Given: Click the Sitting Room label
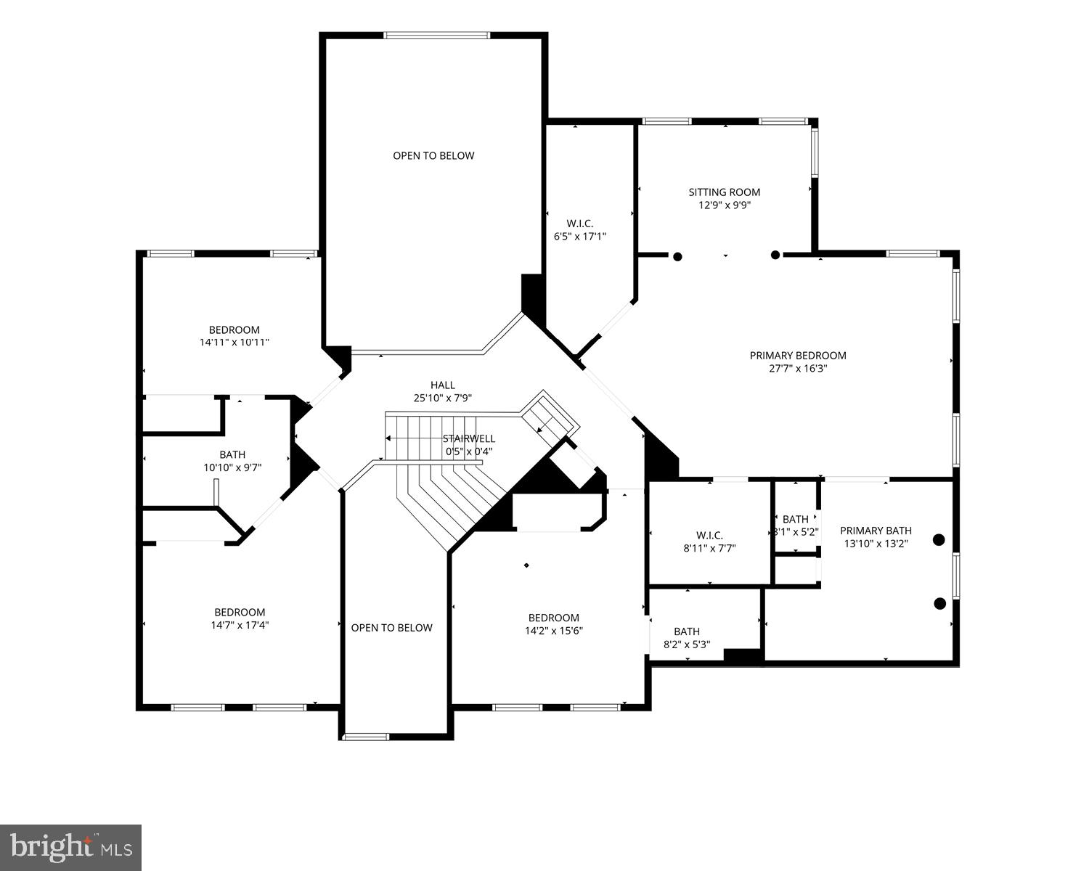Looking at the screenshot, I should click(724, 192).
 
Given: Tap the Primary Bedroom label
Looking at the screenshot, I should click(798, 356).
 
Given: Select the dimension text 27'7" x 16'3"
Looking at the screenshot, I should click(798, 369).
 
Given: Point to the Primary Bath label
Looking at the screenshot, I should click(876, 531).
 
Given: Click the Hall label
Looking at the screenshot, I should click(442, 385).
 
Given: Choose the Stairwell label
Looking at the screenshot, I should click(469, 438).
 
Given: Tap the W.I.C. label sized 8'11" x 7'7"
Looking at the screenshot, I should click(709, 536).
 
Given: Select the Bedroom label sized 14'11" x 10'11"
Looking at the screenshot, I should click(234, 330).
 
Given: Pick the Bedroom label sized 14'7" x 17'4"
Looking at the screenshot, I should click(240, 612).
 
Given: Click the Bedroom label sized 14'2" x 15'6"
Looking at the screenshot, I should click(553, 618).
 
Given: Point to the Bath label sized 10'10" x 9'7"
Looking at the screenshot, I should click(232, 455).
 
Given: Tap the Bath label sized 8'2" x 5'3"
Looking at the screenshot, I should click(686, 631).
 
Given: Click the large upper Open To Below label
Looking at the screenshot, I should click(433, 155).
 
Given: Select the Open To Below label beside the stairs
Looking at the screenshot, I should click(391, 628).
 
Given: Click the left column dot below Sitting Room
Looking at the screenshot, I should click(677, 256).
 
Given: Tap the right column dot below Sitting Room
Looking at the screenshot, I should click(775, 255).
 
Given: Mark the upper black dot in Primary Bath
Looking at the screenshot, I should click(939, 539).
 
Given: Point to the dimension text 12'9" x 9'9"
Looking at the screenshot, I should click(724, 205).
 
